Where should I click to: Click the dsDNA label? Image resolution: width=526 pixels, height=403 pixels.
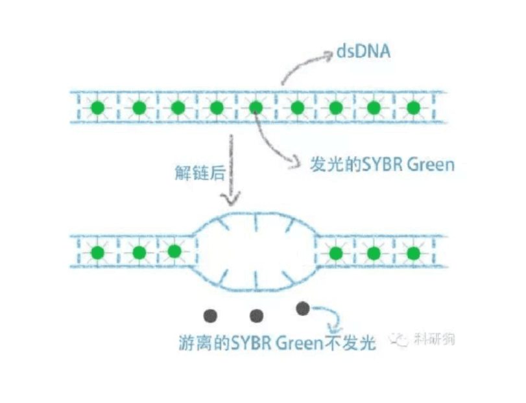click(363, 51)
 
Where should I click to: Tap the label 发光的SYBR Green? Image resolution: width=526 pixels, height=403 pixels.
click(381, 165)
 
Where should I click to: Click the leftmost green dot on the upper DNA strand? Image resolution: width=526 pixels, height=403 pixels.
click(97, 108)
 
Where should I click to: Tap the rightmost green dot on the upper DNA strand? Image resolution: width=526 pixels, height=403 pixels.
click(412, 108)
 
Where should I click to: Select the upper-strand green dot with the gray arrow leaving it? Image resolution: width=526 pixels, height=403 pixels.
click(256, 108)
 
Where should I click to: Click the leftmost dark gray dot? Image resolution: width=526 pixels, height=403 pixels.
click(210, 316)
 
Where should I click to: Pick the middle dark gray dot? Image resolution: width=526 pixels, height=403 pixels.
click(256, 316)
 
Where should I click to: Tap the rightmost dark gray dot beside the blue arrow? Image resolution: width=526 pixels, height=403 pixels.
click(302, 309)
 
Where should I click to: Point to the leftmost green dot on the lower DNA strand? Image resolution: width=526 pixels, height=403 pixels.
click(97, 252)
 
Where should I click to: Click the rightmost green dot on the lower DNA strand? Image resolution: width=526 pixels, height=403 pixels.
click(412, 252)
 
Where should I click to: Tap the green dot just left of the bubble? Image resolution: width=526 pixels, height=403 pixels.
click(174, 251)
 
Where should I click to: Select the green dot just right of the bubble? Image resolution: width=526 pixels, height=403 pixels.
click(336, 252)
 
